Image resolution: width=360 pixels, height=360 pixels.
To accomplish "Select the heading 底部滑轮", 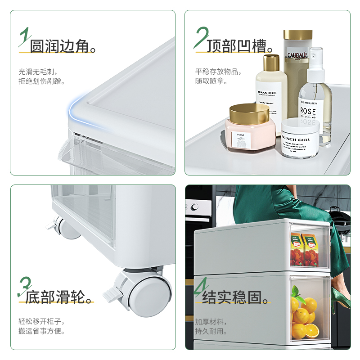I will pyautogui.click(x=58, y=297).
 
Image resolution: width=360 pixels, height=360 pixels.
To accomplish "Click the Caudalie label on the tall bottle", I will pyautogui.click(x=297, y=56).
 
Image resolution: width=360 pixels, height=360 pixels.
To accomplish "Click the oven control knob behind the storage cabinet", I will pyautogui.click(x=194, y=207).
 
